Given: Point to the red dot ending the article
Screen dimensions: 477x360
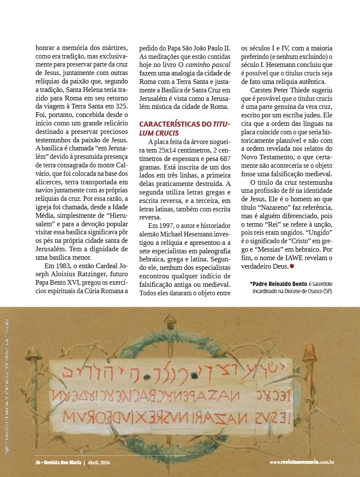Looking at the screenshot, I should pyautogui.click(x=292, y=266).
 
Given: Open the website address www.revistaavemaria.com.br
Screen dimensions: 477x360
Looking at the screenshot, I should pyautogui.click(x=302, y=462).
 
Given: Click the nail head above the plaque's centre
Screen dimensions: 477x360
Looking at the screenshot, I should pyautogui.click(x=171, y=318).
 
